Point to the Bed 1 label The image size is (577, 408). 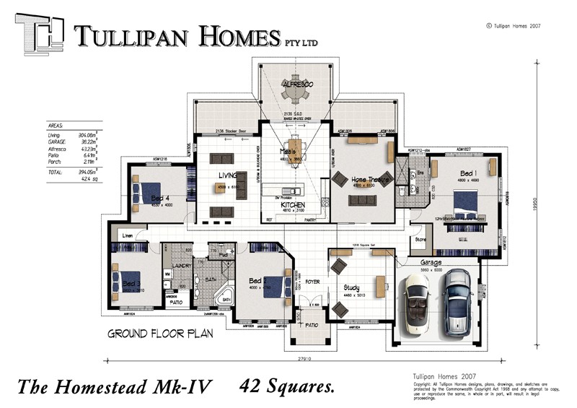point(468,174)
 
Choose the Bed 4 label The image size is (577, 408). point(159,199)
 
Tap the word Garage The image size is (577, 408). point(431,264)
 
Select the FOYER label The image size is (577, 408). point(312,282)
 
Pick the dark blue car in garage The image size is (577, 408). point(457,302)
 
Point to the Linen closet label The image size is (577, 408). point(127,236)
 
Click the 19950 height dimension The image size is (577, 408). point(537,206)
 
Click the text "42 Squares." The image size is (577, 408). point(286,386)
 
